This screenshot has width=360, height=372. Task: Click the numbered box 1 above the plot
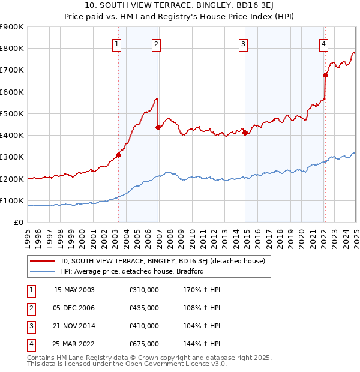(x=116, y=43)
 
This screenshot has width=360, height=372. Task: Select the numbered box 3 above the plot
(x=243, y=43)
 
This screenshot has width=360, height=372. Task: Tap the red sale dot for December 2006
(x=158, y=127)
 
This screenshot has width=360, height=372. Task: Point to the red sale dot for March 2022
(x=325, y=75)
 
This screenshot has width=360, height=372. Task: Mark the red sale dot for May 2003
(x=119, y=155)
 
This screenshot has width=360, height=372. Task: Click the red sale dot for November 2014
(x=245, y=133)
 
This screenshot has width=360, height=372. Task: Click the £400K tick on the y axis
(x=13, y=136)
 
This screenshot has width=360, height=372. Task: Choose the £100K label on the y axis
(x=13, y=201)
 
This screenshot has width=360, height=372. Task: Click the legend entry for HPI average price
(x=132, y=271)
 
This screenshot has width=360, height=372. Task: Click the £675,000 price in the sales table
(x=144, y=344)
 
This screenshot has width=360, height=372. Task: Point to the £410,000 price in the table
(x=144, y=326)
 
